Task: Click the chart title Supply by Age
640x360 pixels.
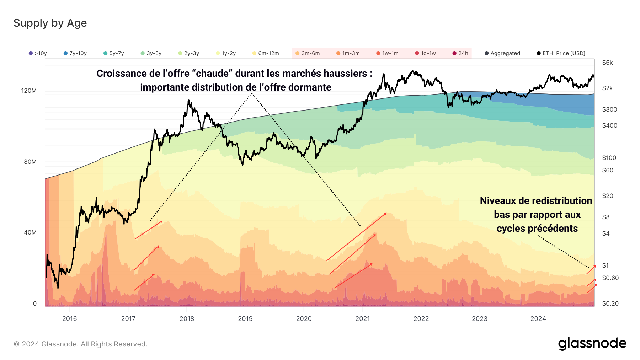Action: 50,23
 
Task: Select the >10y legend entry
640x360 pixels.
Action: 38,53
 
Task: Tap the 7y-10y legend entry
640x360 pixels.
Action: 75,53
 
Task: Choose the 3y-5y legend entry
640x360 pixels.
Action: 151,53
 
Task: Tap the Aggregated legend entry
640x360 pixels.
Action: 502,53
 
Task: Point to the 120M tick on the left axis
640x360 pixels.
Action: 29,91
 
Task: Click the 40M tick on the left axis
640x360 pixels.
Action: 30,232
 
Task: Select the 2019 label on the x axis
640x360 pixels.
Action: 245,319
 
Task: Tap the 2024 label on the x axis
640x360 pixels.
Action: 538,319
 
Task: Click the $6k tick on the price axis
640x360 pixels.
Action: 607,63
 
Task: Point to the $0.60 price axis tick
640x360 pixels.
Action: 610,278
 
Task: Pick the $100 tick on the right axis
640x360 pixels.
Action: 609,158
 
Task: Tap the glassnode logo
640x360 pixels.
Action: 592,344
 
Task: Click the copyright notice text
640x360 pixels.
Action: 80,344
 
